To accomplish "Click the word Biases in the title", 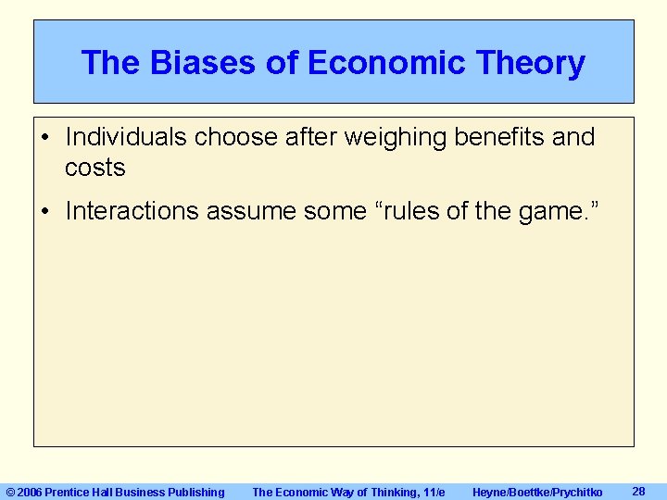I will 194,63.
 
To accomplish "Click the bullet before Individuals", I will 46,138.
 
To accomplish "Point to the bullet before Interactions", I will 46,212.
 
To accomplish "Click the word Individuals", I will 122,137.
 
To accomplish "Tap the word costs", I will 94,168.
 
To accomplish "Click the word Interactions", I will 132,211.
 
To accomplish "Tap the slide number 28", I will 637,491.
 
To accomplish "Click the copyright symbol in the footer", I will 11,492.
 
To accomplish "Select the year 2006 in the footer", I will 31,492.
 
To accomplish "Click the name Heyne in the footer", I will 491,492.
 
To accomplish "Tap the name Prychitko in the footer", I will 576,492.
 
